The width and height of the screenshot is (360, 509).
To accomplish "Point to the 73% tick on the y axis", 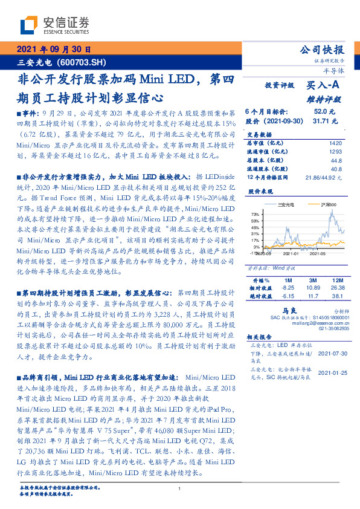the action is pos(255,214).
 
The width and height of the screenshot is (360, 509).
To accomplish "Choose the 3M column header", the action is pos(313,281).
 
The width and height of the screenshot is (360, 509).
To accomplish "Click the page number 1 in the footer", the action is pos(181,488).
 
